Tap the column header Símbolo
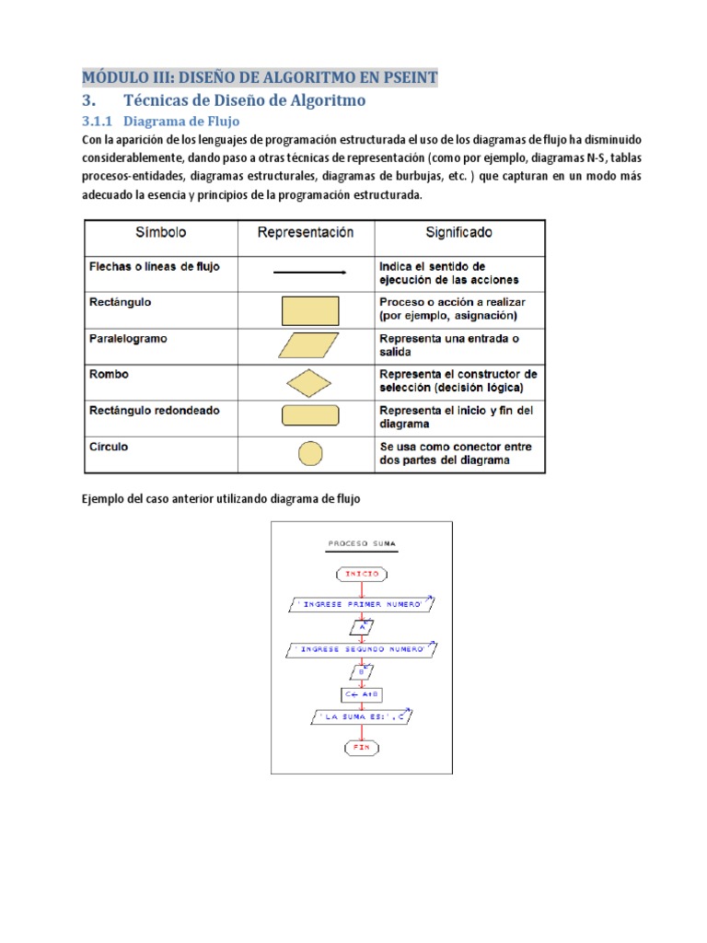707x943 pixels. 161,234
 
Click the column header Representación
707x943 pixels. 306,234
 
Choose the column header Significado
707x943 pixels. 458,234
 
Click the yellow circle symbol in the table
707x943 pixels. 310,453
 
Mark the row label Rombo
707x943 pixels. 109,375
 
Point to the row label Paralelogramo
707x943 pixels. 128,339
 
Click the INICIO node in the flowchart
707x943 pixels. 362,574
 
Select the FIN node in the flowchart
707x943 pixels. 362,747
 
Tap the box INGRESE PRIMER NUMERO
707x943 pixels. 361,604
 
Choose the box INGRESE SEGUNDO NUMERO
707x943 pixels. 361,650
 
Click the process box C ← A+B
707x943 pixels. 362,695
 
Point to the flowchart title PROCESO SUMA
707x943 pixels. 362,544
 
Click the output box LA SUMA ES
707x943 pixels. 361,716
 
